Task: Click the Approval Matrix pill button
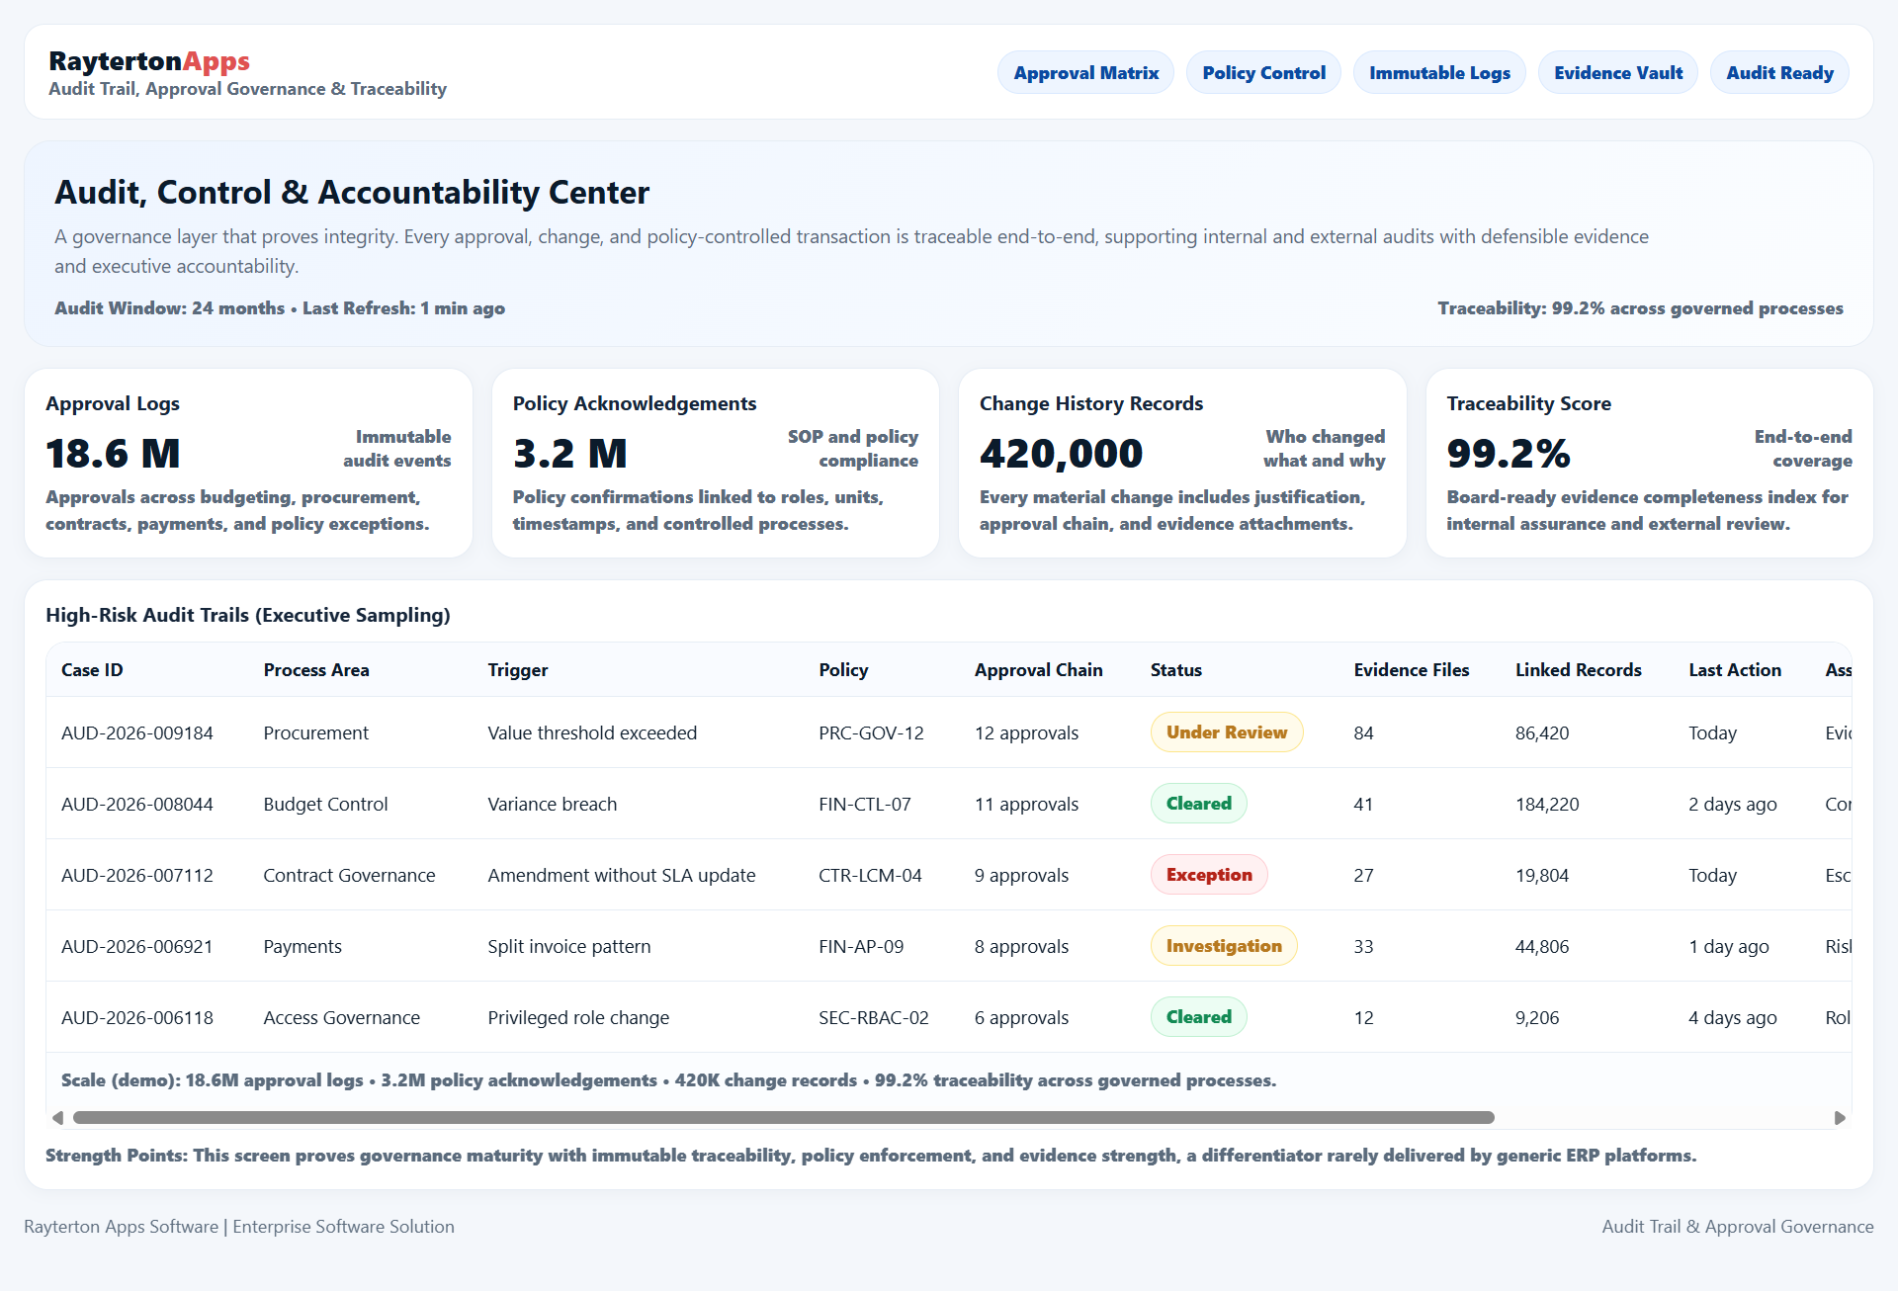pos(1085,73)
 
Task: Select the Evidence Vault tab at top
pos(1617,73)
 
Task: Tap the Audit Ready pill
pos(1779,73)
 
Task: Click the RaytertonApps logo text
pos(149,61)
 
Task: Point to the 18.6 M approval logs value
pos(113,454)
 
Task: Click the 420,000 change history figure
pos(1061,454)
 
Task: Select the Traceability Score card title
pos(1528,403)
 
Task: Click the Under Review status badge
pos(1226,732)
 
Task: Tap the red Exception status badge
pos(1208,875)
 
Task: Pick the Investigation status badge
pos(1223,946)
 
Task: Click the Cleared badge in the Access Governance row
pos(1198,1017)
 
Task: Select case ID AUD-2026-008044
pos(137,805)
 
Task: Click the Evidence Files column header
pos(1411,670)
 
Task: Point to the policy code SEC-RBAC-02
pos(873,1018)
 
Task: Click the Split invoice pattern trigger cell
pos(568,947)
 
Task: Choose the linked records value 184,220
pos(1546,805)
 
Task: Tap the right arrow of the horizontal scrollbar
pos(1840,1118)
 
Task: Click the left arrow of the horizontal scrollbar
pos(57,1118)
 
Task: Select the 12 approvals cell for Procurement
pos(1025,733)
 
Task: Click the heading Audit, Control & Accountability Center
pos(352,193)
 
